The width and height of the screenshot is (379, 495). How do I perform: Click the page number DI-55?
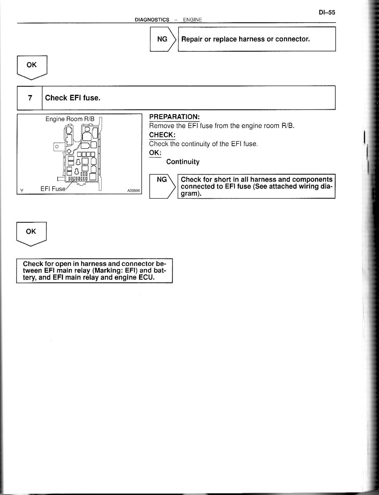coord(327,13)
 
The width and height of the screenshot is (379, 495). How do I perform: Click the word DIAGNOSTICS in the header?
coord(152,20)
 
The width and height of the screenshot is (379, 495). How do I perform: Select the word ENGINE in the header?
coord(192,20)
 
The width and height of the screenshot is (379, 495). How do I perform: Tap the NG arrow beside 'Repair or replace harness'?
coord(163,39)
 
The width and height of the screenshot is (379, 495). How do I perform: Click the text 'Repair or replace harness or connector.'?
coord(245,39)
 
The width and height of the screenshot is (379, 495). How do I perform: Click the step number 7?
coord(30,98)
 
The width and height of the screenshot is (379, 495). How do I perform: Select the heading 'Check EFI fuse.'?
coord(73,98)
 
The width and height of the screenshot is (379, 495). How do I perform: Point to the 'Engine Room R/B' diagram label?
coord(70,119)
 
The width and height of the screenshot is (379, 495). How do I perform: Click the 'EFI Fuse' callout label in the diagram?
coord(53,189)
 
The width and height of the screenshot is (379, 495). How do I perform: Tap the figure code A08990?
coord(134,191)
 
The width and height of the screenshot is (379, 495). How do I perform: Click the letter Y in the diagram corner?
coord(22,191)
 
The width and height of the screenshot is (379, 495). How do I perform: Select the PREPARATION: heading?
coord(174,117)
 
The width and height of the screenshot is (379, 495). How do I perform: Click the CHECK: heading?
coord(162,135)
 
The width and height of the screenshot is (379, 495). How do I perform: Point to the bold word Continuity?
coord(183,162)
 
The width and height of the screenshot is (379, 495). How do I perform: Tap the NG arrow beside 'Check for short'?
coord(162,186)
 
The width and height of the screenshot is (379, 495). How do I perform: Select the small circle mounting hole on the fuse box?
coord(57,146)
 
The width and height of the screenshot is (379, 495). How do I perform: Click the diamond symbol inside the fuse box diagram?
coord(69,151)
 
